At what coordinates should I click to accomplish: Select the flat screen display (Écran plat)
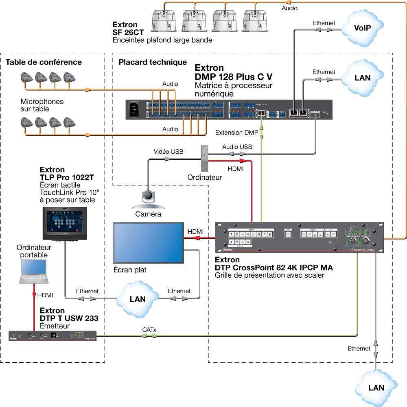[x=149, y=243]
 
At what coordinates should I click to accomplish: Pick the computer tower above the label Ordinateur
[x=204, y=159]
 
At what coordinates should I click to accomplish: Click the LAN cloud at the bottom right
[x=376, y=387]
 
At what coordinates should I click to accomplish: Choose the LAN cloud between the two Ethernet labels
[x=137, y=299]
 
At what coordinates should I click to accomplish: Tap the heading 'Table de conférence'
[x=44, y=62]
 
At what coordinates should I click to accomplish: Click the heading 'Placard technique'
[x=153, y=62]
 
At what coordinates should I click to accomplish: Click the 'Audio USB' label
[x=237, y=147]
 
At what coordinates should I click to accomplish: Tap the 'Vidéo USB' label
[x=168, y=152]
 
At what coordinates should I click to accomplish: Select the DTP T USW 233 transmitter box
[x=53, y=336]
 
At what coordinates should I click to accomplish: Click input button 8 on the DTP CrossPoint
[x=269, y=235]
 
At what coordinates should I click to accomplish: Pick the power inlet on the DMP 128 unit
[x=134, y=110]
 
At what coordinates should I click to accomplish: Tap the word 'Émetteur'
[x=55, y=326]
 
